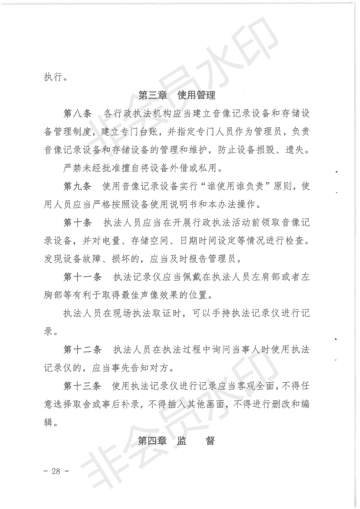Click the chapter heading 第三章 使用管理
[177, 96]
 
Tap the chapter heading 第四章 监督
[176, 441]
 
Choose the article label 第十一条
[82, 278]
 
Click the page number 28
[56, 470]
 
